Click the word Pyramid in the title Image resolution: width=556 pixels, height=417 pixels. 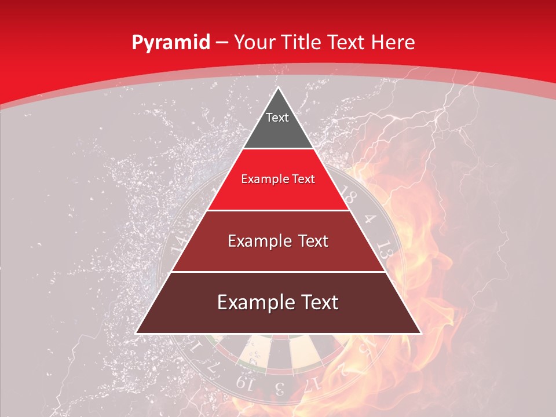tap(170, 43)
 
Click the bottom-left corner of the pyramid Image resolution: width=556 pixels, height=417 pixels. tap(137, 332)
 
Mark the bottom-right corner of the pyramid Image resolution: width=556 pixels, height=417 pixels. tap(420, 332)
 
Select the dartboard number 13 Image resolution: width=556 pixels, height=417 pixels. tap(383, 249)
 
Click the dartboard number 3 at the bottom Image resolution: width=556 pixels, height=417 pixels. tap(279, 387)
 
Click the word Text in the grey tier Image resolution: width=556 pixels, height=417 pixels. tap(277, 118)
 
